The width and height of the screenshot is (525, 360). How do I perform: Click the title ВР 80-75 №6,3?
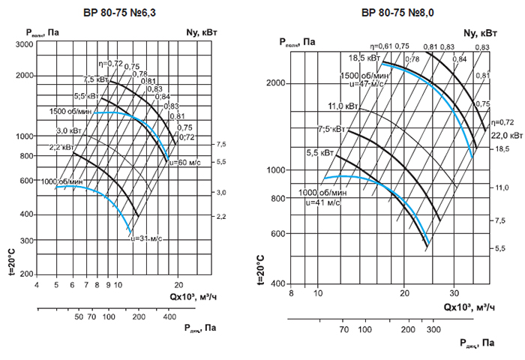click(119, 12)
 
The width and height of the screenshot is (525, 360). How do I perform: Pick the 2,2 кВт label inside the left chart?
click(61, 147)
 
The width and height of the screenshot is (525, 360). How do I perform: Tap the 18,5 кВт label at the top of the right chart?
click(363, 58)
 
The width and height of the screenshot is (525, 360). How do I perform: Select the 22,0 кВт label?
click(507, 136)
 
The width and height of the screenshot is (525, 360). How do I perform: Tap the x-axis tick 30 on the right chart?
click(453, 291)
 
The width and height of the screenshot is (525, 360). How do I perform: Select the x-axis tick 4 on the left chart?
click(37, 285)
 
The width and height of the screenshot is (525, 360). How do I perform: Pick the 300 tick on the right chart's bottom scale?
click(432, 329)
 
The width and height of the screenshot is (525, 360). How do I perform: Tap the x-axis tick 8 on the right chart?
click(291, 291)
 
